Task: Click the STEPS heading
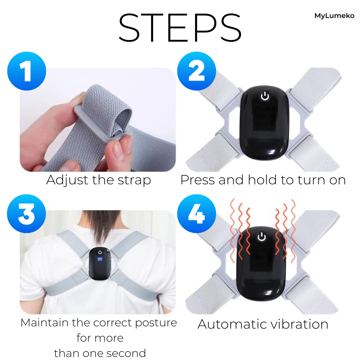(180, 28)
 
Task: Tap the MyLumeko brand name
(334, 16)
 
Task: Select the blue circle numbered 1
(27, 71)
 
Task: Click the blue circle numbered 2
(197, 71)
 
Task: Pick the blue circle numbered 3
(26, 214)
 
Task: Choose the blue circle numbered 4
(197, 214)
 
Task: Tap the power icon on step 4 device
(262, 237)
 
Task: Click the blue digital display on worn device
(100, 259)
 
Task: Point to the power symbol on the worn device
(100, 252)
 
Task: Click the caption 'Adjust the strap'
(98, 180)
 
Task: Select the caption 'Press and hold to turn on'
(263, 180)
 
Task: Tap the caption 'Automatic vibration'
(263, 324)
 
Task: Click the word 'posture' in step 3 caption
(156, 323)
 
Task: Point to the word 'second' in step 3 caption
(126, 353)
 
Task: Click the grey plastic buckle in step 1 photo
(101, 125)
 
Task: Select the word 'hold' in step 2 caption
(262, 180)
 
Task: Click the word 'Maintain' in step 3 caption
(45, 323)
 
